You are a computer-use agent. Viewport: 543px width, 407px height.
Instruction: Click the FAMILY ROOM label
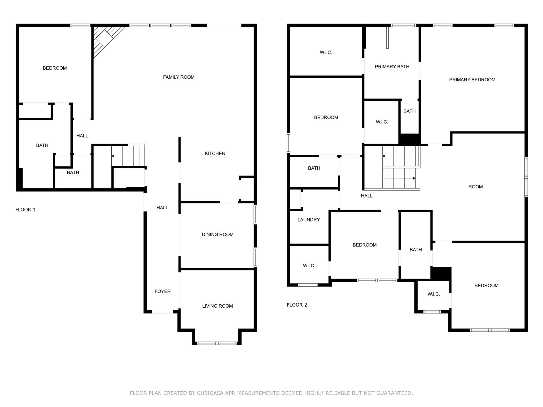179,77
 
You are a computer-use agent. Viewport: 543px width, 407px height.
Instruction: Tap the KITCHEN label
215,153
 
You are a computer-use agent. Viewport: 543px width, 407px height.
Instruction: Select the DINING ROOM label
218,235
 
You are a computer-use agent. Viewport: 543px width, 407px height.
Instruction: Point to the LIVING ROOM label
217,306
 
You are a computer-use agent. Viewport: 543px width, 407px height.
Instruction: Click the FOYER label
163,291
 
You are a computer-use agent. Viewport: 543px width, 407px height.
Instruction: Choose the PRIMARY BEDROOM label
472,80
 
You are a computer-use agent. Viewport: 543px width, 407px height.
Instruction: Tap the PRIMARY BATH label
392,67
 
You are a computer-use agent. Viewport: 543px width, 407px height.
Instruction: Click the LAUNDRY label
309,220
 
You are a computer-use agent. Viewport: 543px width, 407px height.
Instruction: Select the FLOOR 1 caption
25,210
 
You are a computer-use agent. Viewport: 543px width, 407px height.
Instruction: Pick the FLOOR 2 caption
297,305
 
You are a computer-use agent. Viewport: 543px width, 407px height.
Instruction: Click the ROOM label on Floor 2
476,187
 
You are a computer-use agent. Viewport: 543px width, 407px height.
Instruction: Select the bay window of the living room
217,343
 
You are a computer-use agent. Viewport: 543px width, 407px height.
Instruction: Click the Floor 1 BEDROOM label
55,68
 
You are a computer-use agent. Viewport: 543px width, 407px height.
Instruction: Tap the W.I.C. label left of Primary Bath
326,52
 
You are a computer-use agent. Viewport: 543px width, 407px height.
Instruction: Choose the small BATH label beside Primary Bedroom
410,111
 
